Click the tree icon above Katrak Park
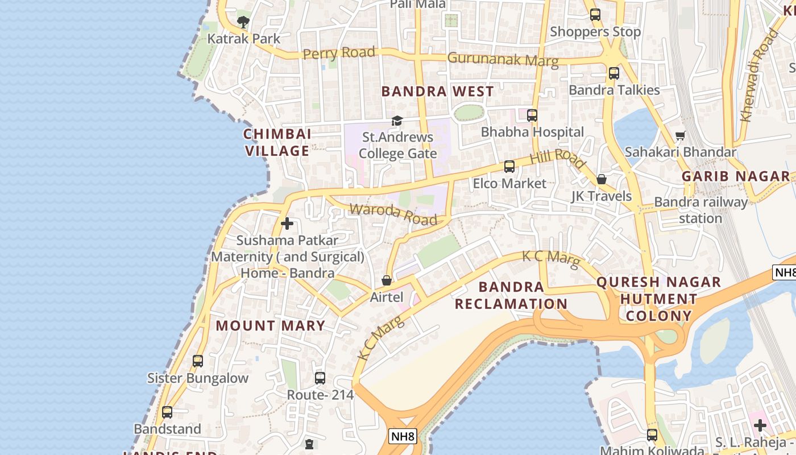(243, 22)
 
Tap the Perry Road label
(339, 53)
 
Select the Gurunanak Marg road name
(503, 59)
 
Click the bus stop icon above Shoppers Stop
(595, 15)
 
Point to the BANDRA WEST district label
(437, 92)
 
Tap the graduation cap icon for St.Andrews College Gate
(397, 121)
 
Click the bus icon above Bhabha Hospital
(532, 115)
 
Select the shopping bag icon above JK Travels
(602, 180)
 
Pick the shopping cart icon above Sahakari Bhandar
(680, 135)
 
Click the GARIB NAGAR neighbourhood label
(736, 176)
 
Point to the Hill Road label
(557, 159)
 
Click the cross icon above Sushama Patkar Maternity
(287, 224)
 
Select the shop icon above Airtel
(387, 280)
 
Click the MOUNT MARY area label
(271, 326)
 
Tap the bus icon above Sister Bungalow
(198, 361)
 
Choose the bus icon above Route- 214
(320, 378)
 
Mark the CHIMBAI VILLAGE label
(277, 142)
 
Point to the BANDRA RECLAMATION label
(511, 295)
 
